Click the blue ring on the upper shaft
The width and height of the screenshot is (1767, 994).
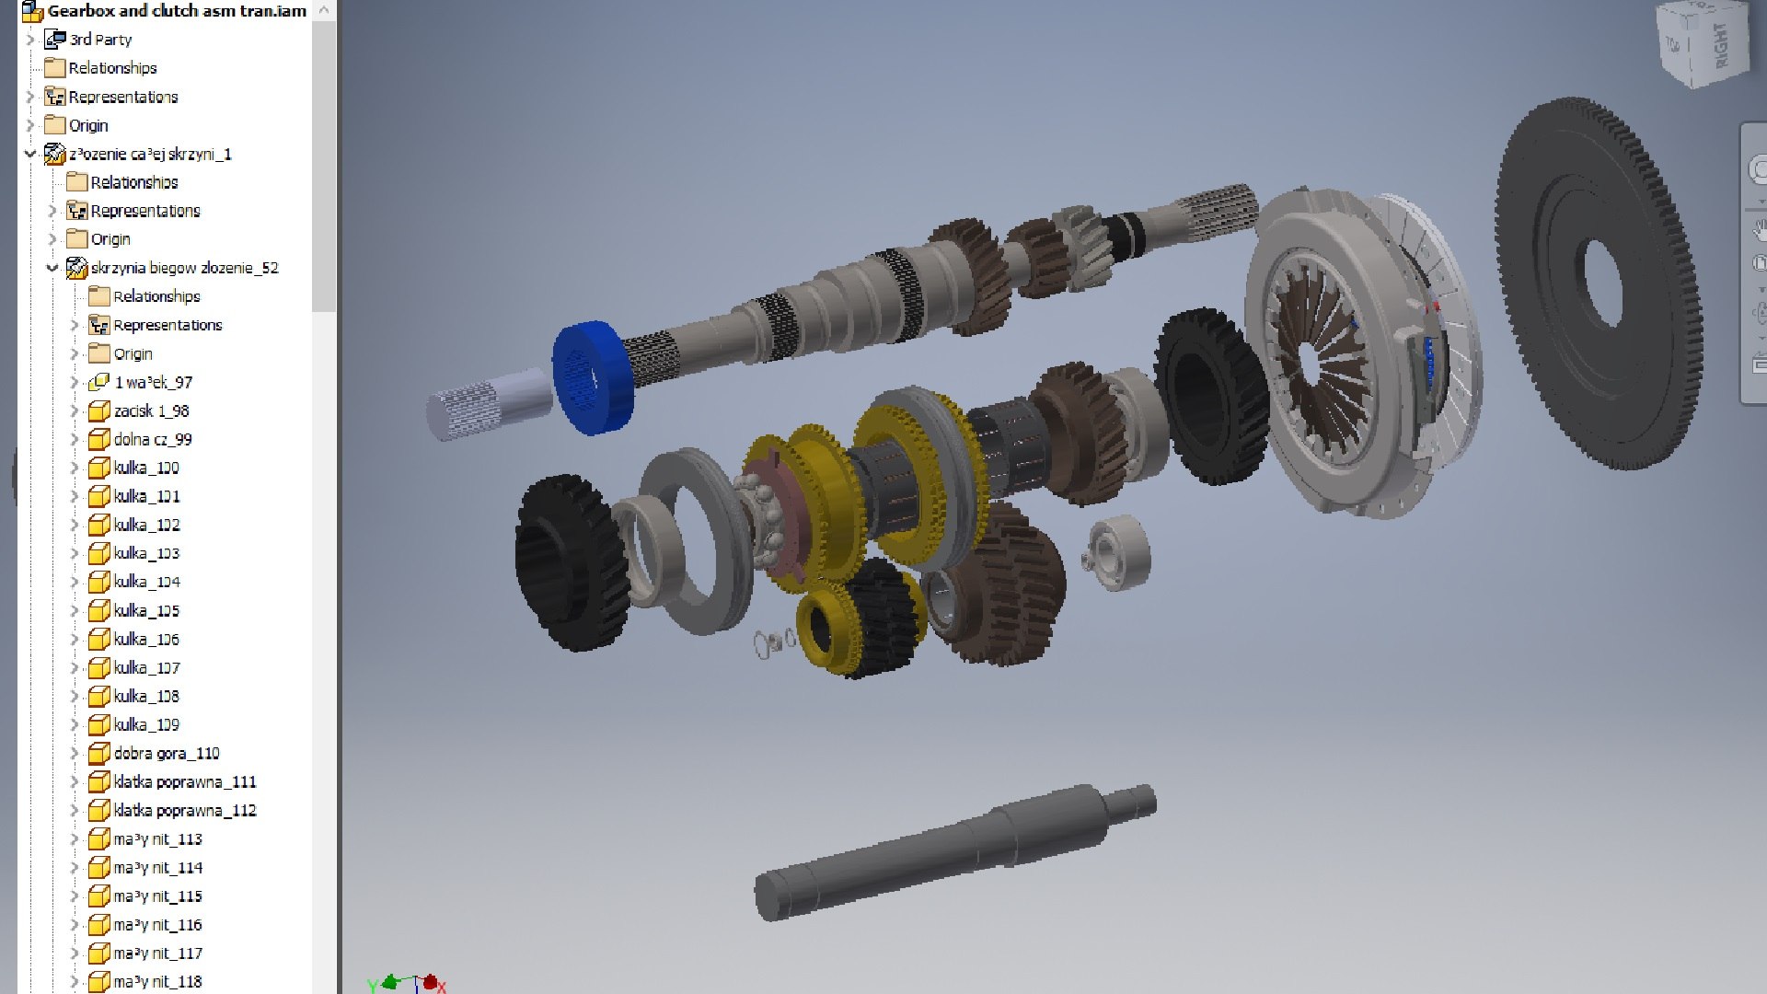click(x=595, y=377)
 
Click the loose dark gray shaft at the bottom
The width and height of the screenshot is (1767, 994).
click(x=948, y=851)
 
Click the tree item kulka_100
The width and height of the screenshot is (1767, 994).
click(x=146, y=468)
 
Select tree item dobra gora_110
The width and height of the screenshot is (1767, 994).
click(x=167, y=753)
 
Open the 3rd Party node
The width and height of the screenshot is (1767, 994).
click(x=100, y=40)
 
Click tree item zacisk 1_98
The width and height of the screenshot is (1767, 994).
click(x=151, y=410)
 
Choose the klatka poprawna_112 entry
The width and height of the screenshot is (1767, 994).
click(x=184, y=810)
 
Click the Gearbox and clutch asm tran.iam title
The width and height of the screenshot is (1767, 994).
click(x=176, y=11)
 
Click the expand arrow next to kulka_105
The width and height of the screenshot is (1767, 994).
click(x=75, y=610)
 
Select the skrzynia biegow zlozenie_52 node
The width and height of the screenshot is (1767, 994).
click(x=184, y=268)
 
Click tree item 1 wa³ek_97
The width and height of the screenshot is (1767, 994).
click(x=153, y=382)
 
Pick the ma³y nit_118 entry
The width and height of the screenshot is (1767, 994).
click(x=157, y=981)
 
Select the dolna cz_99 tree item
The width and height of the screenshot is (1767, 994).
click(x=153, y=439)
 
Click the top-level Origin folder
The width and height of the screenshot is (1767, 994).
click(x=88, y=125)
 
